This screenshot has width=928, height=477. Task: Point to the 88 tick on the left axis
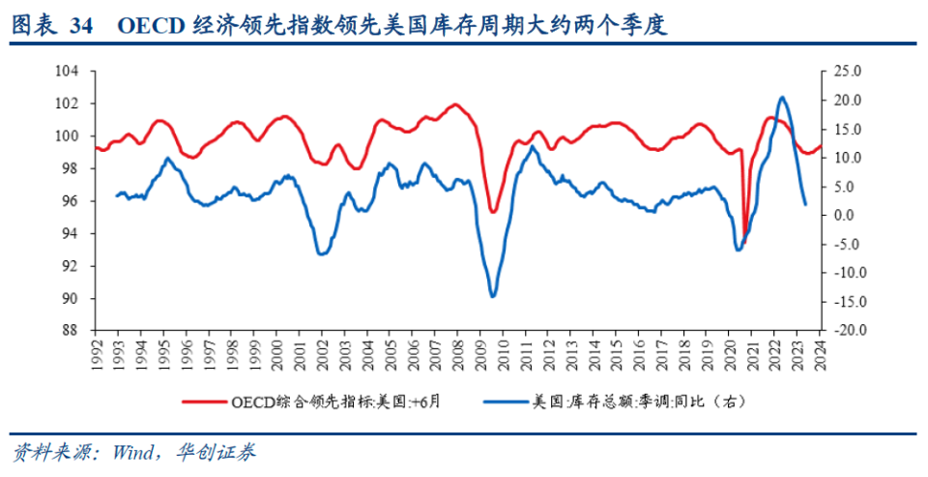pyautogui.click(x=71, y=331)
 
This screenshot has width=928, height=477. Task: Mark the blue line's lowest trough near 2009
pyautogui.click(x=493, y=296)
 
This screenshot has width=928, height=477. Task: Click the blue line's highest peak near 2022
pyautogui.click(x=781, y=97)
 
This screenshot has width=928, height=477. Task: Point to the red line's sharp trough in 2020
pyautogui.click(x=744, y=232)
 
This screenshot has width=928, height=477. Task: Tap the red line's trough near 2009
pyautogui.click(x=493, y=212)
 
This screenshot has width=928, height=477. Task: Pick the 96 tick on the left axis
pyautogui.click(x=71, y=201)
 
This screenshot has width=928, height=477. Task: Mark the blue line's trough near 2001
pyautogui.click(x=322, y=253)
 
